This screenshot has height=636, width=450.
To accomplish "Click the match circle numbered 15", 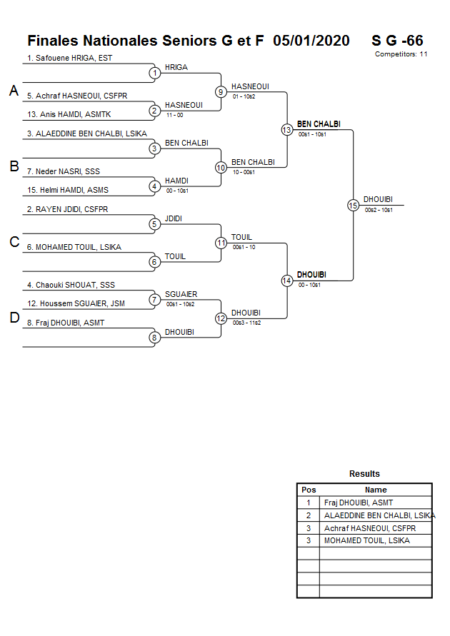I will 353,205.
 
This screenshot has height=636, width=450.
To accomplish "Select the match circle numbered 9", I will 221,91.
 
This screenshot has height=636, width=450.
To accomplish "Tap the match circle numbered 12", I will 221,318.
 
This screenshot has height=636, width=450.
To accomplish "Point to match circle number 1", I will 154,73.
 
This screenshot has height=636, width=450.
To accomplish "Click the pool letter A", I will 14,91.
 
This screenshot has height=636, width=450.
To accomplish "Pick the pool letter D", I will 14,318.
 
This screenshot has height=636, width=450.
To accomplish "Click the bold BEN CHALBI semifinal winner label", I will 319,124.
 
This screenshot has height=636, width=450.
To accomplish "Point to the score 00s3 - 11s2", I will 246,323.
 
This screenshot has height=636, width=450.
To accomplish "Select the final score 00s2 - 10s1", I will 379,209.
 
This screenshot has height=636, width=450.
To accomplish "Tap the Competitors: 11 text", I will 401,54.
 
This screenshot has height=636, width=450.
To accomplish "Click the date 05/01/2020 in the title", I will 311,41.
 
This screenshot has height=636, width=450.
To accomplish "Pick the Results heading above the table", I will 364,474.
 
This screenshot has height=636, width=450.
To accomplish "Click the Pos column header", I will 309,490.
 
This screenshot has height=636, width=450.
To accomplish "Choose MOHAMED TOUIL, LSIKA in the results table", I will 366,540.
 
